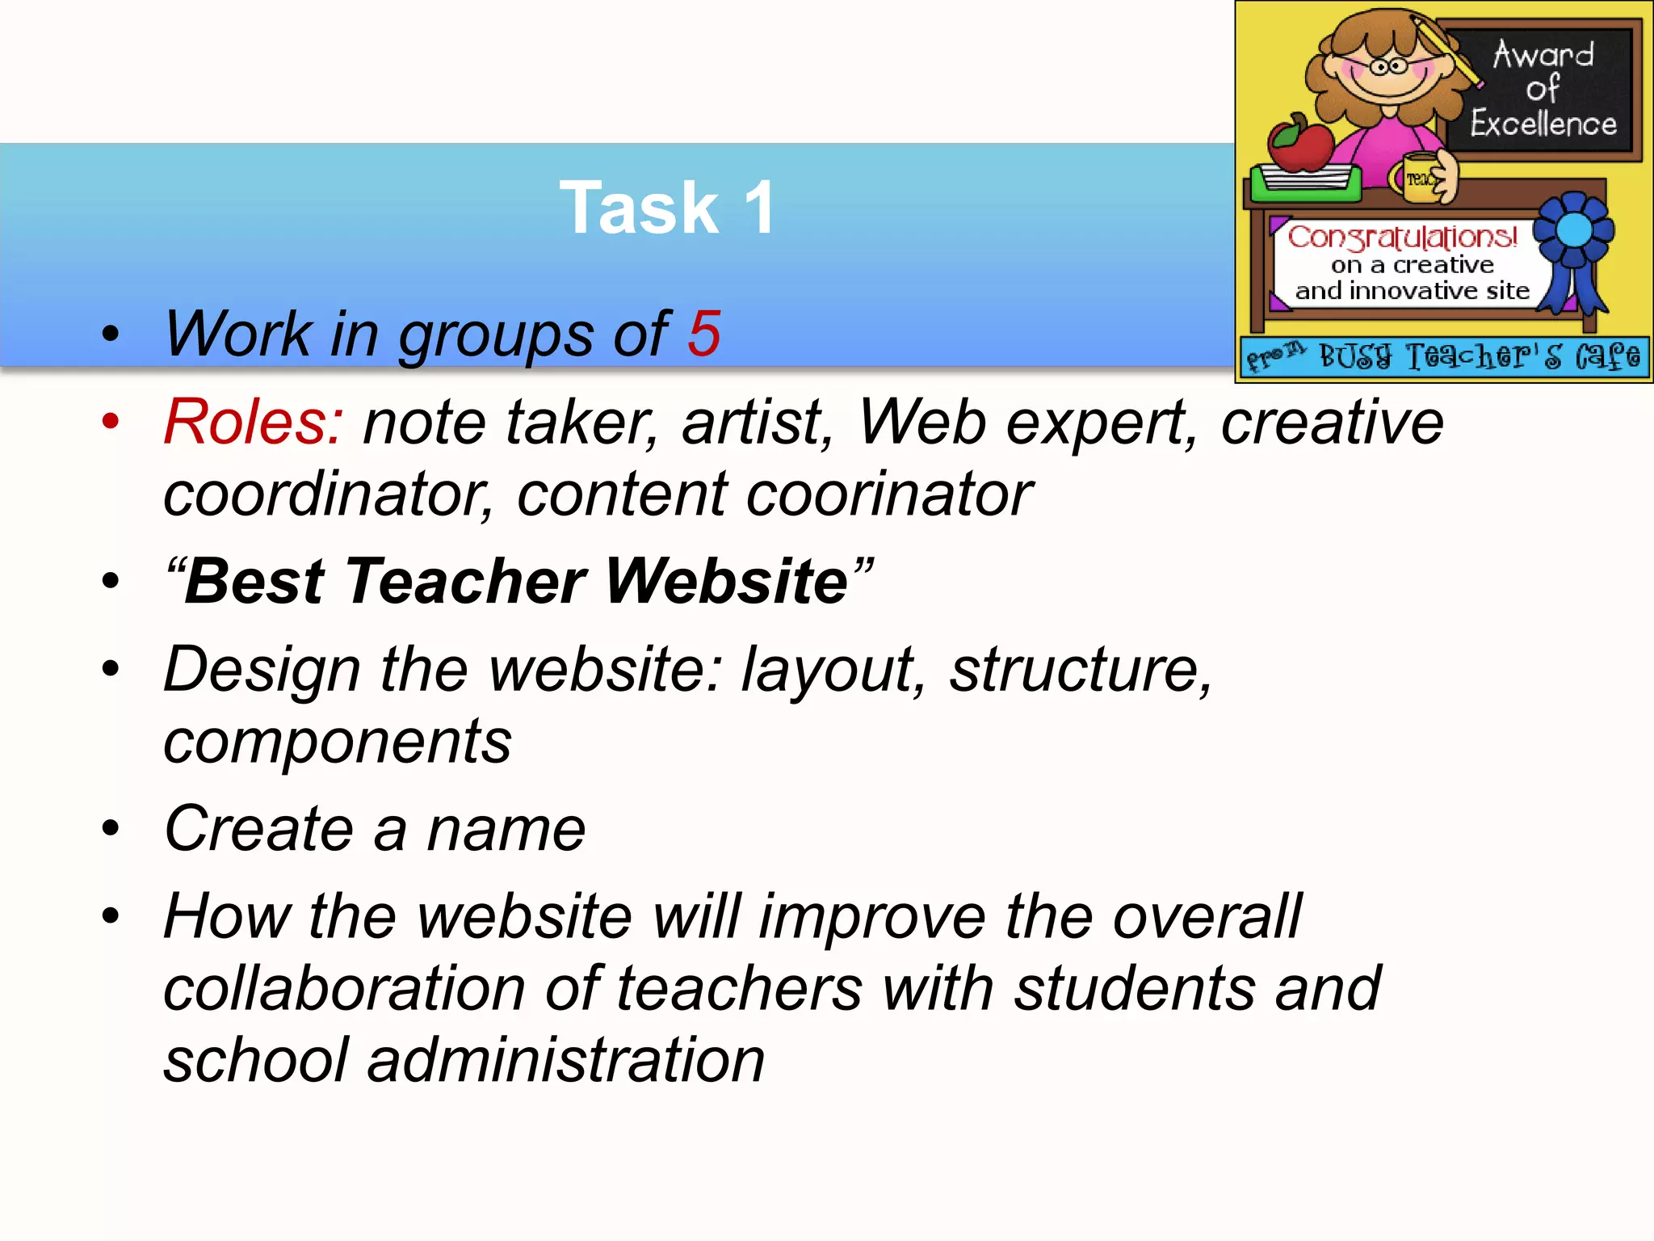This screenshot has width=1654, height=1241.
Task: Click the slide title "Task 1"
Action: pos(667,208)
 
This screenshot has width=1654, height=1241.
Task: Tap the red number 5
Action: pos(703,333)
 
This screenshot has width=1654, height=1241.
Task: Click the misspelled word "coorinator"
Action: pos(889,494)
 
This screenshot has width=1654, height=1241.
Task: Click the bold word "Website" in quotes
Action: pos(726,581)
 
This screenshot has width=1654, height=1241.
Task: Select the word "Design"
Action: pos(262,671)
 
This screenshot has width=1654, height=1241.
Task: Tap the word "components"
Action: pos(338,742)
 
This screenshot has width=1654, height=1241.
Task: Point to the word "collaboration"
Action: pos(345,989)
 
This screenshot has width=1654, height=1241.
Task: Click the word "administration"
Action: pos(565,1060)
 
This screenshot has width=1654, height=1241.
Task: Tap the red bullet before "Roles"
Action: pos(111,421)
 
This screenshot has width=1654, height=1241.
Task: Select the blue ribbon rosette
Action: pos(1573,233)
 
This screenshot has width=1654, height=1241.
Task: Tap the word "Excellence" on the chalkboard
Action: pos(1543,124)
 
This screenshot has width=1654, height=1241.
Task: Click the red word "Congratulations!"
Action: pos(1403,237)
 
